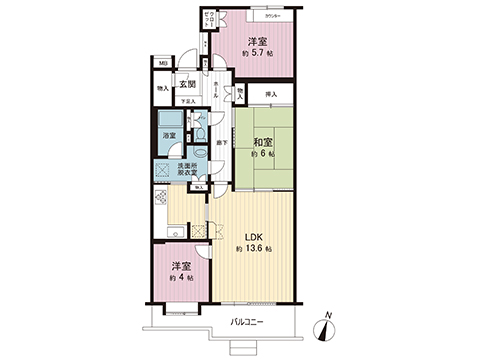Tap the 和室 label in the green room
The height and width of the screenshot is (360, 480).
(264, 141)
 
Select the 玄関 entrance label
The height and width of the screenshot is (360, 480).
(187, 84)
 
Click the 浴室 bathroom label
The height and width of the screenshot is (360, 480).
(169, 134)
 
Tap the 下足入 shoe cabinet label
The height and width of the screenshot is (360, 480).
(186, 101)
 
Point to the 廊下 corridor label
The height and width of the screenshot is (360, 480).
(217, 149)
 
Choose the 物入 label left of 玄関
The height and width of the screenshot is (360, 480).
(162, 89)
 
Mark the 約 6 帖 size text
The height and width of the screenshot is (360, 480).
(262, 155)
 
